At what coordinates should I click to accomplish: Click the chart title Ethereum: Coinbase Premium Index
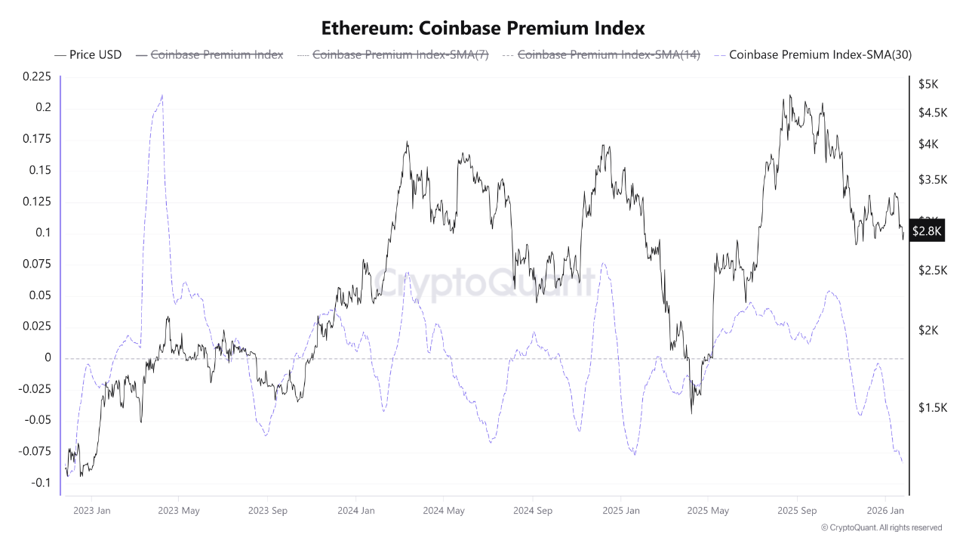[x=483, y=29]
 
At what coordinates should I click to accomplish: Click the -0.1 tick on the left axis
[x=41, y=483]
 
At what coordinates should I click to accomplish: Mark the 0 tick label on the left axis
[x=48, y=357]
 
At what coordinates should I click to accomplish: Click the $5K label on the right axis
[x=928, y=85]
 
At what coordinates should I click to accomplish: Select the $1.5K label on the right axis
[x=932, y=408]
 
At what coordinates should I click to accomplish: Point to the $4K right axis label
[x=928, y=144]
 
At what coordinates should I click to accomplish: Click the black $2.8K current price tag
[x=927, y=231]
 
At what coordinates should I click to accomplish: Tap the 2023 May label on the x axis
[x=179, y=511]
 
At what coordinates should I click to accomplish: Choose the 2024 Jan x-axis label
[x=357, y=511]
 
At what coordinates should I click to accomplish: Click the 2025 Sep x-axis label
[x=798, y=511]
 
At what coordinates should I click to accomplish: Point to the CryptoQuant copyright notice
[x=881, y=527]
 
